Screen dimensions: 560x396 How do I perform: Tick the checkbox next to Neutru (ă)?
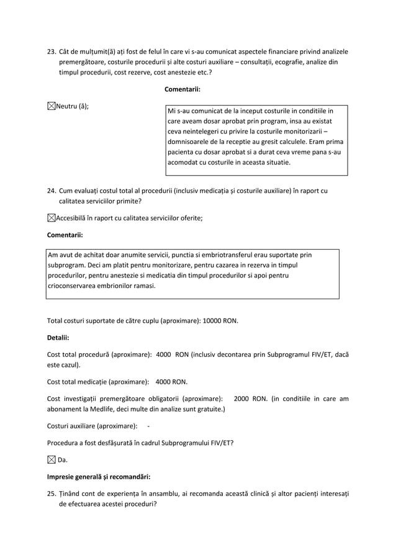tap(52, 106)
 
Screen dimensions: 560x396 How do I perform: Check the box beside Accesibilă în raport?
tap(52, 217)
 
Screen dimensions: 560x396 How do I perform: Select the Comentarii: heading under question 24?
tap(65, 235)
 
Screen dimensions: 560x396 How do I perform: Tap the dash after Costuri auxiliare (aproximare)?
tap(148, 426)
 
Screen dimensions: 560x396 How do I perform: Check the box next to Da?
tap(52, 460)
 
